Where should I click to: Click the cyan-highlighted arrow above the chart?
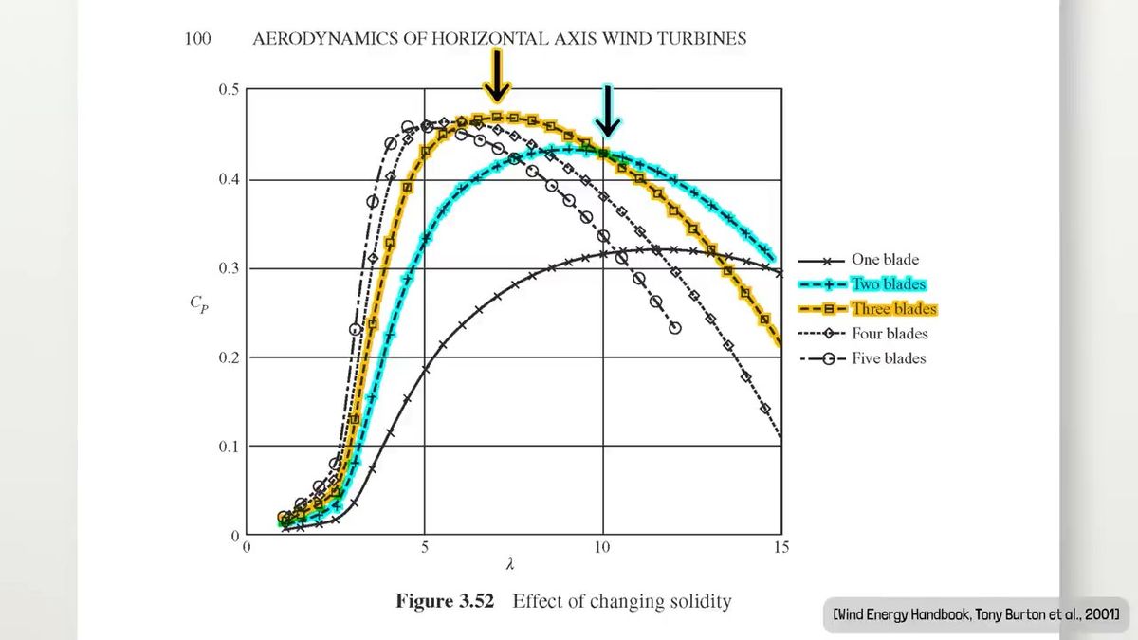[607, 110]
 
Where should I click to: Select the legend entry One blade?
[884, 260]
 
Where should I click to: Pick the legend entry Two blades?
[888, 284]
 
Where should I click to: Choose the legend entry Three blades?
[892, 309]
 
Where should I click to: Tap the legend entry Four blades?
[889, 334]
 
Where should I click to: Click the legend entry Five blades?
[888, 358]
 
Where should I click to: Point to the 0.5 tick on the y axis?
[229, 90]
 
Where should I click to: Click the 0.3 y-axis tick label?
[229, 268]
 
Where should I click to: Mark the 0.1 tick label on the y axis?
[229, 447]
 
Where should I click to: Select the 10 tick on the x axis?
[602, 547]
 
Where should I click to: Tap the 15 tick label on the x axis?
[780, 547]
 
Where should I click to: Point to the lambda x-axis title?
[511, 565]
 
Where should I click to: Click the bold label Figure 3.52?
[446, 601]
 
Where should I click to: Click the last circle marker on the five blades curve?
[674, 328]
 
